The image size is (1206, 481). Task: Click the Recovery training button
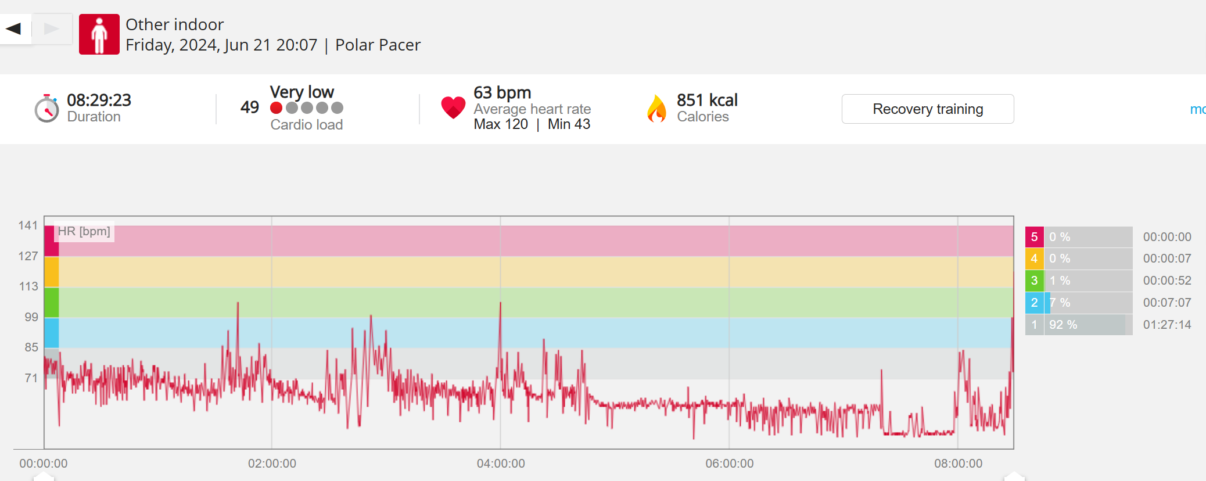(x=927, y=109)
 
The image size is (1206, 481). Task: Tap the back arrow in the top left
(x=14, y=28)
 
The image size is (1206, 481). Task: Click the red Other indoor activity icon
(x=99, y=34)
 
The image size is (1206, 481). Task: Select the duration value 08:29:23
(x=99, y=100)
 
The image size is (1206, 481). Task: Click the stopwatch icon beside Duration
(x=46, y=109)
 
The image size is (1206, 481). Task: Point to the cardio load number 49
(x=250, y=107)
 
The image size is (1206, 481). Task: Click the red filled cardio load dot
(x=277, y=108)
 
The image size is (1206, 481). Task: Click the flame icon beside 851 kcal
(x=656, y=109)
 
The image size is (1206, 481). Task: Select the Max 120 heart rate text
(x=501, y=124)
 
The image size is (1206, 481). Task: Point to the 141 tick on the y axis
(x=28, y=225)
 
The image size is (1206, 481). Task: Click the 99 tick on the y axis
(x=31, y=317)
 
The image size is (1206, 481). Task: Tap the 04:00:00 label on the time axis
(x=501, y=464)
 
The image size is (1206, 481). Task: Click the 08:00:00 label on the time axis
(x=958, y=464)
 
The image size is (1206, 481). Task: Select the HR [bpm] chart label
(x=84, y=231)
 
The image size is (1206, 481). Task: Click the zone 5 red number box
(x=1034, y=237)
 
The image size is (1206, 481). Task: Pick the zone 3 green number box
(x=1034, y=281)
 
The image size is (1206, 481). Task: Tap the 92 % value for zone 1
(x=1063, y=325)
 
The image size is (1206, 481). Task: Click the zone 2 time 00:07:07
(x=1166, y=303)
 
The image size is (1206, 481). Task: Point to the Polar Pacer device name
(x=378, y=45)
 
